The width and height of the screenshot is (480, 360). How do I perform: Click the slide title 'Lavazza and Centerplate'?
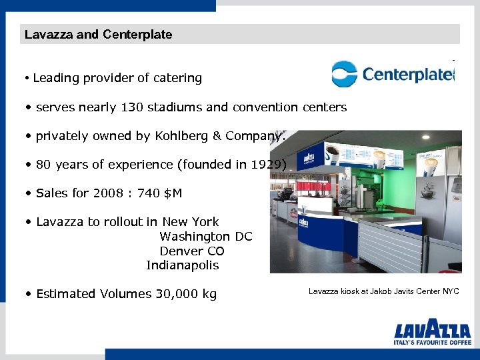(98, 34)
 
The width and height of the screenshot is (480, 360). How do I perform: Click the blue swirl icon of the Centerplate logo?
(345, 73)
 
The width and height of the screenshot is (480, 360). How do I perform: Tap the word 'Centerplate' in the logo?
(407, 74)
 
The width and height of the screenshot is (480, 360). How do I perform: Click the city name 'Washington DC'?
(205, 237)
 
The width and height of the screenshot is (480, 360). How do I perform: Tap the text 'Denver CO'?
(191, 251)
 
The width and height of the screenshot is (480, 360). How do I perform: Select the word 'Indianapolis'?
(182, 265)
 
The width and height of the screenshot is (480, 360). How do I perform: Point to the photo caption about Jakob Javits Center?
(383, 291)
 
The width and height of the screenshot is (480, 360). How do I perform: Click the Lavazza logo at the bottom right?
(432, 331)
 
